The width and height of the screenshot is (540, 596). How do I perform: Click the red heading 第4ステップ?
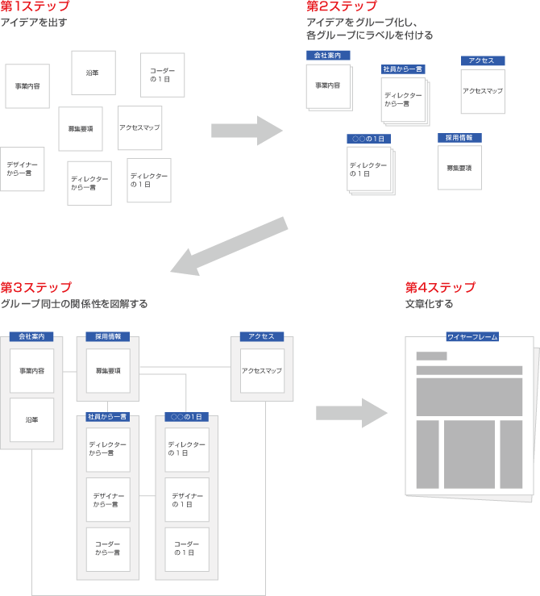pyautogui.click(x=440, y=288)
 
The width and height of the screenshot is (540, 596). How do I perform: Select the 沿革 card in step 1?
pyautogui.click(x=93, y=73)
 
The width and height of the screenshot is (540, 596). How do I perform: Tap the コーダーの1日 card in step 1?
pyautogui.click(x=162, y=75)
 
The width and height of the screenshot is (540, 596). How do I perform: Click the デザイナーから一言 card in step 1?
pyautogui.click(x=22, y=169)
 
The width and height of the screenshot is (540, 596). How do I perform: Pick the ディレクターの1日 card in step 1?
pyautogui.click(x=149, y=180)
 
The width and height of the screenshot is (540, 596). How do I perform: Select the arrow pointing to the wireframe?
pyautogui.click(x=351, y=411)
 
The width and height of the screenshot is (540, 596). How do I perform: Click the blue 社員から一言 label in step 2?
pyautogui.click(x=403, y=69)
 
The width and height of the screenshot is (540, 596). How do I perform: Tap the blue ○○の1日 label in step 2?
pyautogui.click(x=369, y=139)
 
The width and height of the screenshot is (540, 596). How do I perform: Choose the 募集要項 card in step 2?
pyautogui.click(x=459, y=167)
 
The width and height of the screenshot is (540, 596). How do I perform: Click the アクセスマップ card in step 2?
pyautogui.click(x=483, y=91)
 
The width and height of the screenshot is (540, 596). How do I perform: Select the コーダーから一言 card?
pyautogui.click(x=108, y=549)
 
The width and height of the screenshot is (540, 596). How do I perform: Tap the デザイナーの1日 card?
pyautogui.click(x=186, y=500)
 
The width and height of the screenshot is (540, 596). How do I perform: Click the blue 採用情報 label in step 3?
pyautogui.click(x=108, y=336)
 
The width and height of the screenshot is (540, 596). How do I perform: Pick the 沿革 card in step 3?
pyautogui.click(x=31, y=419)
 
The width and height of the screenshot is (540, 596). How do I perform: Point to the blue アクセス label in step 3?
pyautogui.click(x=262, y=336)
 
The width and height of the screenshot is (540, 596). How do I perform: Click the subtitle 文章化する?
pyautogui.click(x=429, y=304)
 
